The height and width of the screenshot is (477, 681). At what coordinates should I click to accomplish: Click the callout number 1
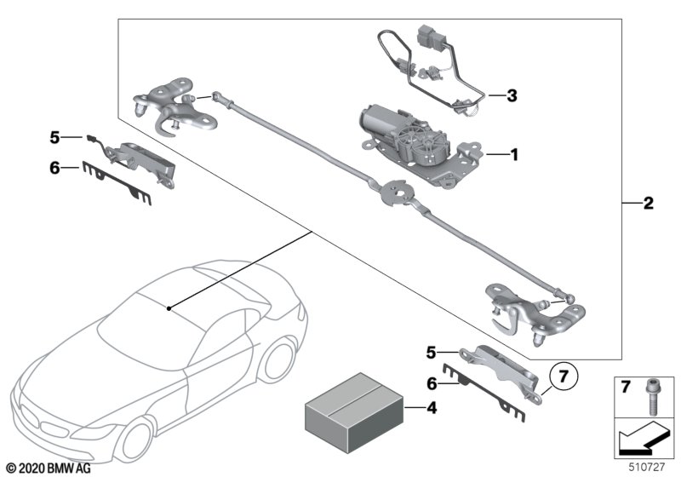coord(513,155)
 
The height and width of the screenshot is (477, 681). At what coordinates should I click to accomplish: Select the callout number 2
coord(649,204)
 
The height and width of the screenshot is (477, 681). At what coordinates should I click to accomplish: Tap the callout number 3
coord(512,95)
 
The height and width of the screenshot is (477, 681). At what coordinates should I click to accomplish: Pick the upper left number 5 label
coord(54,136)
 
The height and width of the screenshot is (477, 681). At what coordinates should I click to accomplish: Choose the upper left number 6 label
coord(54,168)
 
